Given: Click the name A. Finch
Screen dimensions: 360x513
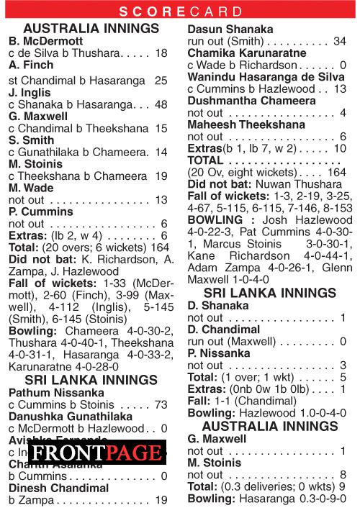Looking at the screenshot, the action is pos(30,64).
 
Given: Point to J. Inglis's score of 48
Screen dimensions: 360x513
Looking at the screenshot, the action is pos(161,104).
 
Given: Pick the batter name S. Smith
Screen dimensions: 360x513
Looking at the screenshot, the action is pos(31,140).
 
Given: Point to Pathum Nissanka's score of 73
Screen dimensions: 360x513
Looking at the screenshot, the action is pos(160,404).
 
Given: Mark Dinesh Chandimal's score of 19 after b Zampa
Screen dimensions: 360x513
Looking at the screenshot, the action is pos(161,499).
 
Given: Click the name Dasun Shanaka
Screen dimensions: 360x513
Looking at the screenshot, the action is pos(230,29).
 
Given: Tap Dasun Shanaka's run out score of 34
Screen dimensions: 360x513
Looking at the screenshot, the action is pos(340,41).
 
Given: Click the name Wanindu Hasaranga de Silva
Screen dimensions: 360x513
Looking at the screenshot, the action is pos(266,77).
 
